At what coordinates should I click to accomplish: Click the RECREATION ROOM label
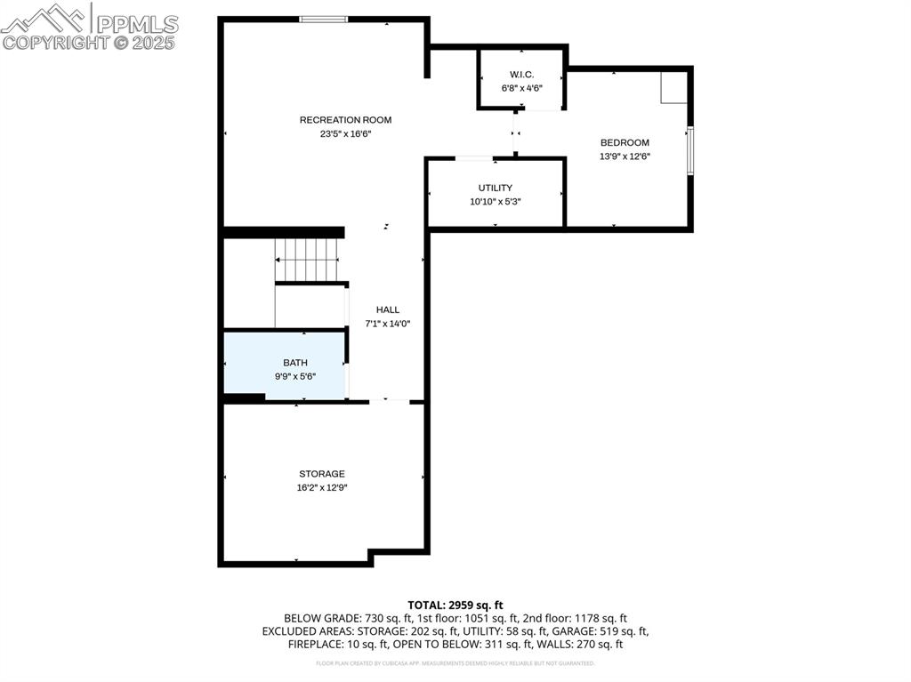pos(345,120)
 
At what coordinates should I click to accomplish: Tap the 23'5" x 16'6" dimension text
pos(345,134)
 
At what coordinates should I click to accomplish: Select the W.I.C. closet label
pos(521,74)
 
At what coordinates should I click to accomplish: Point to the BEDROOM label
pos(625,142)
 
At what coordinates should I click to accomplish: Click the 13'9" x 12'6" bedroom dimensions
pos(625,156)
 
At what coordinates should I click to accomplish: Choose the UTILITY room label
pos(496,188)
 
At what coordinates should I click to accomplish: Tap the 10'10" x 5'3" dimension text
pos(496,202)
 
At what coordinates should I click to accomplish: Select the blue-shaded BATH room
pos(284,365)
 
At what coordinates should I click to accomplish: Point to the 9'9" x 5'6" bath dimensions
pos(295,376)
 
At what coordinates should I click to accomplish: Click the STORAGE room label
pos(322,474)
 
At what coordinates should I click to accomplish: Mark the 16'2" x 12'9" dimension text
pos(322,488)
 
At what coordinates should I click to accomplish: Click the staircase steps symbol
pos(308,259)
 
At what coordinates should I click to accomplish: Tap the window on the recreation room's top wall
pos(322,19)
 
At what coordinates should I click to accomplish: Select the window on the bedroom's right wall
pos(689,151)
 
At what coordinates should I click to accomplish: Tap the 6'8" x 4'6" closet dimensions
pos(521,88)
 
